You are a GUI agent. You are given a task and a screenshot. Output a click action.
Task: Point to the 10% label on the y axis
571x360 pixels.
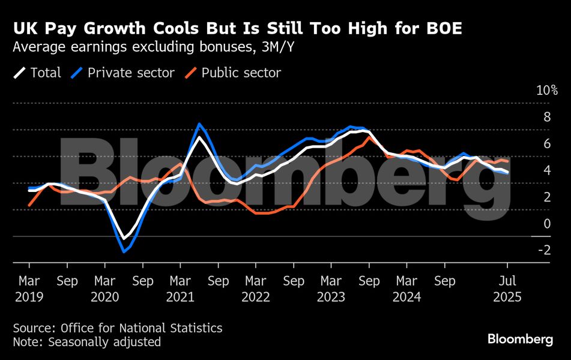tap(547, 91)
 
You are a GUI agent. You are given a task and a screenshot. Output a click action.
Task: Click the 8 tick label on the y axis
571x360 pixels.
tap(547, 117)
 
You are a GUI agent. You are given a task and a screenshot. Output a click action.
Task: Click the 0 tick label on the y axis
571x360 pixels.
tap(547, 224)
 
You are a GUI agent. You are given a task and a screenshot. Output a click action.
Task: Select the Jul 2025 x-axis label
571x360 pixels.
tap(507, 289)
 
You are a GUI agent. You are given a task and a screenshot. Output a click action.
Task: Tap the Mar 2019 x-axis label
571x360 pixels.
tap(29, 289)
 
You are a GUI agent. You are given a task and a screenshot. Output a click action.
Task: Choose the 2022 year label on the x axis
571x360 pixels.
tap(256, 297)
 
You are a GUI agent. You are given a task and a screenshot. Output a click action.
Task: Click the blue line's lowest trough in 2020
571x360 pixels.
tap(124, 251)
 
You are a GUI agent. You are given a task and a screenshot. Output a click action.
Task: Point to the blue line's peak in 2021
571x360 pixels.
tap(199, 124)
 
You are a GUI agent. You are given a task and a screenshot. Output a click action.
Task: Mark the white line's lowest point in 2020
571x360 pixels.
tap(124, 239)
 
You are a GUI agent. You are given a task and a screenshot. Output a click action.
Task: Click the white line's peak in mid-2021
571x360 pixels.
tap(199, 137)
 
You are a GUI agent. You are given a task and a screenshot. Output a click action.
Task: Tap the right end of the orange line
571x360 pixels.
tap(509, 161)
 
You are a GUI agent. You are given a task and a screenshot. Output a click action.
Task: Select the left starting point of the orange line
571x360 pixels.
tap(29, 206)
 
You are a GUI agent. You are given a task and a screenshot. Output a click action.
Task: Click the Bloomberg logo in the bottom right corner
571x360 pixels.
tap(520, 340)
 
